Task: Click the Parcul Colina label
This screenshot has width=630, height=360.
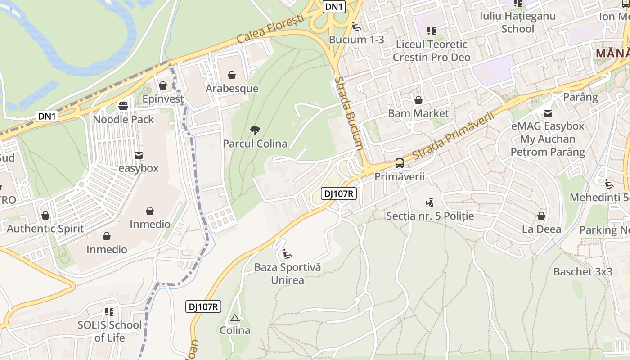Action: point(255,144)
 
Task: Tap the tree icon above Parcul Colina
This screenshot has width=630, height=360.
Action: point(255,131)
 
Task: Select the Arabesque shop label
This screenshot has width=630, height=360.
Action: point(232,89)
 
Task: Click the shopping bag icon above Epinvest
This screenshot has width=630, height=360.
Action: point(163,85)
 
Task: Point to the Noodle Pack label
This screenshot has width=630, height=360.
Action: point(123,120)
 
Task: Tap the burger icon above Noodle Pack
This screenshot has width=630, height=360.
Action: point(123,107)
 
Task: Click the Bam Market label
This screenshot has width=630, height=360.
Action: point(418,113)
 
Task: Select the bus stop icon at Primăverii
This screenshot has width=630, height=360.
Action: point(400,163)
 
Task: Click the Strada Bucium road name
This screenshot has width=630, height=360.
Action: point(349,112)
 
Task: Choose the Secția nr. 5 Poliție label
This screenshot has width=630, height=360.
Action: point(430,216)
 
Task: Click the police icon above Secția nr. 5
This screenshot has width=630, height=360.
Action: point(430,203)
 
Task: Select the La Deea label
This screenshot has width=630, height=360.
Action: point(541,229)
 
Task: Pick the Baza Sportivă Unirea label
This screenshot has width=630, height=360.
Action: point(288,274)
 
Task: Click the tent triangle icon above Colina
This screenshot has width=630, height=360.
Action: point(234,318)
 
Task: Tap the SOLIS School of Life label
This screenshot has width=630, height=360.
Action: point(109,331)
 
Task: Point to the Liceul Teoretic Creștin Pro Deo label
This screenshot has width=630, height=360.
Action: point(432,51)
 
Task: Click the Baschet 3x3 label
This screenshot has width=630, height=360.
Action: point(583,272)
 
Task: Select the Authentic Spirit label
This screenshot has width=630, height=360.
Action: point(45,229)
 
